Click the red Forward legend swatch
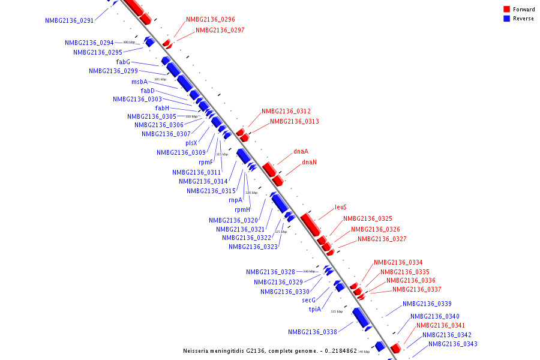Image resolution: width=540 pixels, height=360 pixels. click(506, 9)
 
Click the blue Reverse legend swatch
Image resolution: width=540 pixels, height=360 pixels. click(506, 19)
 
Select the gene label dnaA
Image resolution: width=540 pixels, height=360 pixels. click(301, 151)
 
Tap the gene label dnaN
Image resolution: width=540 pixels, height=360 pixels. click(309, 162)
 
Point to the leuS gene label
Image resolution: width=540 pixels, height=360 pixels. click(341, 207)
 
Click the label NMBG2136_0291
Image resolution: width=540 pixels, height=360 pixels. click(69, 20)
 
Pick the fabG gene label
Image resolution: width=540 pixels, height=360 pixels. click(123, 61)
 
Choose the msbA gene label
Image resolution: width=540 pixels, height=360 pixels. click(139, 82)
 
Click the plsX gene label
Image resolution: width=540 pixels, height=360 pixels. click(191, 143)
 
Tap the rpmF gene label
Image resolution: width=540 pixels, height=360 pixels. click(206, 162)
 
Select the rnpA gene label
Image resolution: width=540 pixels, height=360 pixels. click(236, 200)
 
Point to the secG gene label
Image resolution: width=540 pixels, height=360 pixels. click(308, 299)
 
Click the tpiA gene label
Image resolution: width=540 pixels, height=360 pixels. click(315, 309)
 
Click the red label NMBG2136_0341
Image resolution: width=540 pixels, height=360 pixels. click(440, 325)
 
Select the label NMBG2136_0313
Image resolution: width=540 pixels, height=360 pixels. click(294, 121)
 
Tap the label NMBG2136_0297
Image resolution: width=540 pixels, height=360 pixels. click(220, 30)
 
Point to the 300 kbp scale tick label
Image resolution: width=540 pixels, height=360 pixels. click(129, 42)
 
